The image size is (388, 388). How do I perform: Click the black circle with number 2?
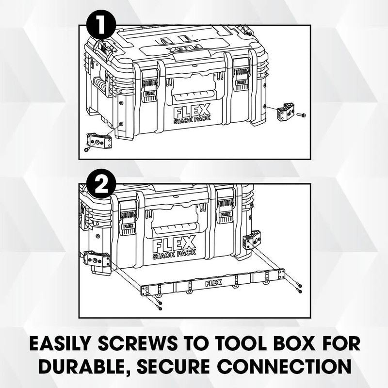click(101, 186)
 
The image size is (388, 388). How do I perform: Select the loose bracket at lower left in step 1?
click(99, 141)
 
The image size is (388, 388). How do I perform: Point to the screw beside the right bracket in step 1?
click(301, 115)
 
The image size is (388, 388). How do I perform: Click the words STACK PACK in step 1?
click(192, 118)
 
